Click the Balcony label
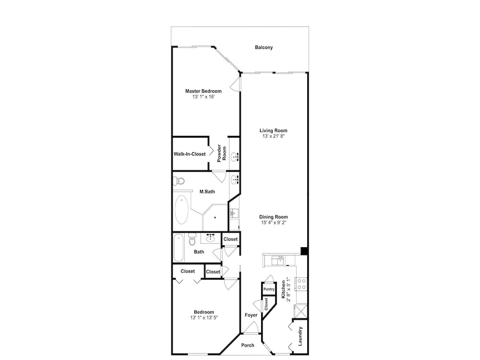[x=264, y=48]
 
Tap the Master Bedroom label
[x=203, y=91]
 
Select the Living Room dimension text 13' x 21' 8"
[x=274, y=136]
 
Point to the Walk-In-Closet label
[x=190, y=154]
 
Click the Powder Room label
[x=222, y=153]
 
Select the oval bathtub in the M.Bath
[x=181, y=210]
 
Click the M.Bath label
[x=207, y=192]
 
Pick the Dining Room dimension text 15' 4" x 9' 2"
[x=274, y=223]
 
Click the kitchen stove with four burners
[x=301, y=284]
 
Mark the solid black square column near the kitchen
[x=304, y=251]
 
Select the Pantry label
[x=269, y=289]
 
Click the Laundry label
[x=300, y=336]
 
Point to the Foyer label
[x=251, y=315]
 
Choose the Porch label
[x=248, y=345]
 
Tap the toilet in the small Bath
[x=192, y=239]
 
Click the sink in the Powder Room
[x=235, y=157]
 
